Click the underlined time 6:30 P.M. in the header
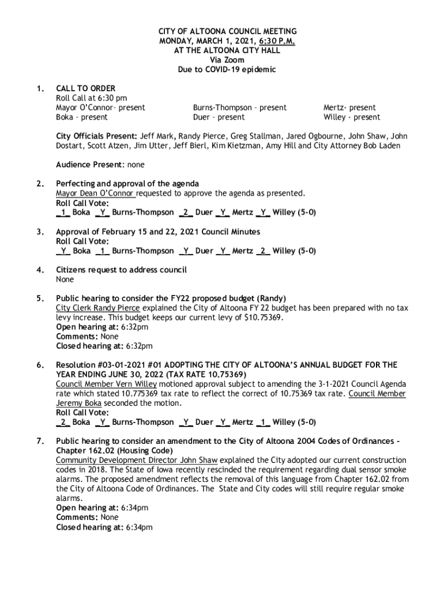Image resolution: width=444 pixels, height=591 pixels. tap(276, 41)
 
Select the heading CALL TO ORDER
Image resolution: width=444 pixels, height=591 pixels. tap(85, 88)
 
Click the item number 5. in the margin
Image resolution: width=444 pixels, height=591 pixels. tap(40, 298)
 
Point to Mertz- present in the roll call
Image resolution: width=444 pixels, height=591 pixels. tap(349, 107)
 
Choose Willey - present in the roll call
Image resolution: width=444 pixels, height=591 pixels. tap(352, 117)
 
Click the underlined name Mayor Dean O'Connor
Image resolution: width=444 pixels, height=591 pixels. tap(95, 193)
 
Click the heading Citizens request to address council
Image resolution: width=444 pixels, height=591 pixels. tap(121, 270)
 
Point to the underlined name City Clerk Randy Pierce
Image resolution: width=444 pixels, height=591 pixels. tap(93, 308)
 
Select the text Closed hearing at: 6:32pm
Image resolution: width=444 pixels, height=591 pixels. tap(104, 346)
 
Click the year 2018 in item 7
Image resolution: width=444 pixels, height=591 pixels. tap(93, 470)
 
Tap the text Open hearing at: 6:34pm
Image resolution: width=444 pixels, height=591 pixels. tap(101, 508)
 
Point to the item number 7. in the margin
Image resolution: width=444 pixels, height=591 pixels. tap(40, 441)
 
